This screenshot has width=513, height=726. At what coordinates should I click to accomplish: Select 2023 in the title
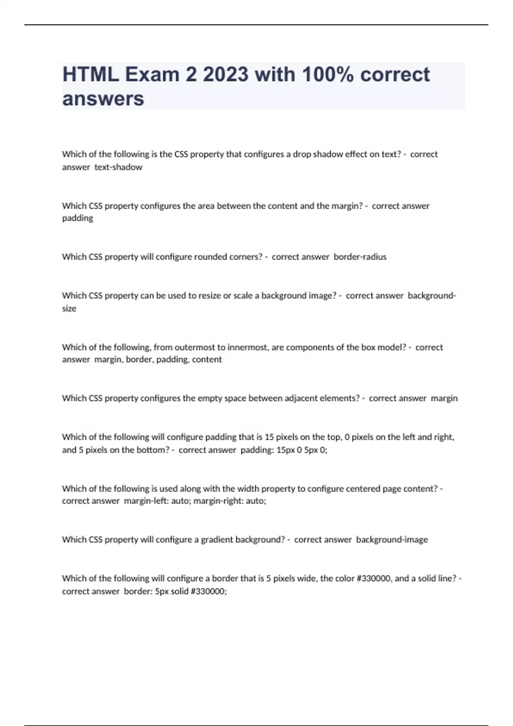click(x=225, y=75)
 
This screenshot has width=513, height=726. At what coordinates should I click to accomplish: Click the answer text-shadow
click(x=118, y=167)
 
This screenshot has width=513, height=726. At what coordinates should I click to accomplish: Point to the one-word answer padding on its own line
click(x=77, y=218)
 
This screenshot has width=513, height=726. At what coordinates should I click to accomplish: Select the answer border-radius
click(x=360, y=257)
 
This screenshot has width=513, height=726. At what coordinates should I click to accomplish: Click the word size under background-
click(x=69, y=308)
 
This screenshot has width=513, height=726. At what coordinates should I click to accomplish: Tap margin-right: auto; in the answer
click(x=230, y=501)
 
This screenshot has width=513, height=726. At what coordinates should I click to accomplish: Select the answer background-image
click(x=392, y=540)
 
